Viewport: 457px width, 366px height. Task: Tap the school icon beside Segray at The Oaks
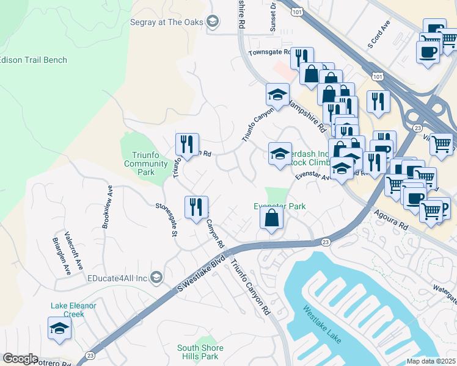[212, 23]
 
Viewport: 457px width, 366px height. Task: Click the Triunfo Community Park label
[146, 163]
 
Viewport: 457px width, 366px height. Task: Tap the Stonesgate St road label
[167, 220]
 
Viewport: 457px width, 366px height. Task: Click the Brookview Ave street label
[107, 206]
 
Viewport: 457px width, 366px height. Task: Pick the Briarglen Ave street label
[63, 256]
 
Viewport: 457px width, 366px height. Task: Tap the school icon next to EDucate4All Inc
[156, 278]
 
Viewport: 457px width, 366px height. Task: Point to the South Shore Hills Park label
[200, 352]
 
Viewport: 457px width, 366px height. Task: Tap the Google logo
[20, 359]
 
